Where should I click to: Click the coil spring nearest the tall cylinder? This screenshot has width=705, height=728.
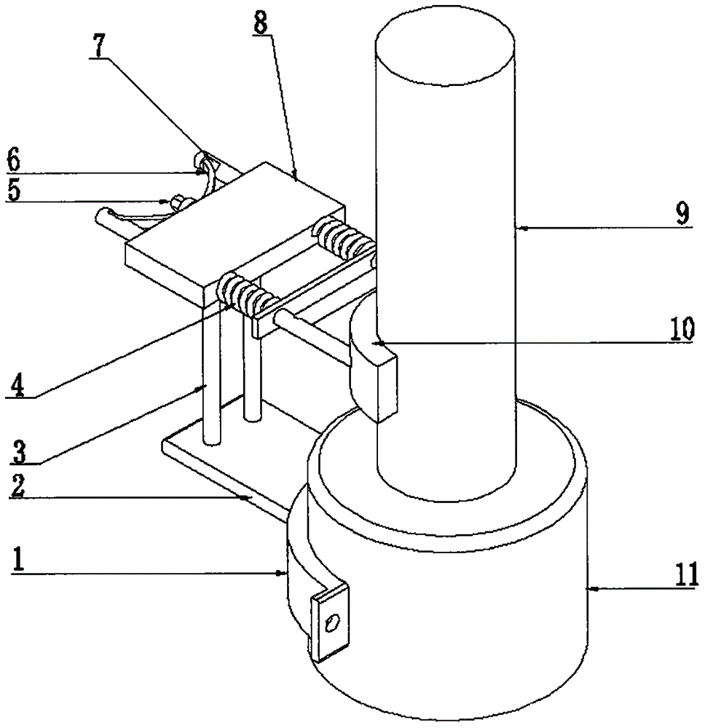[342, 243]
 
